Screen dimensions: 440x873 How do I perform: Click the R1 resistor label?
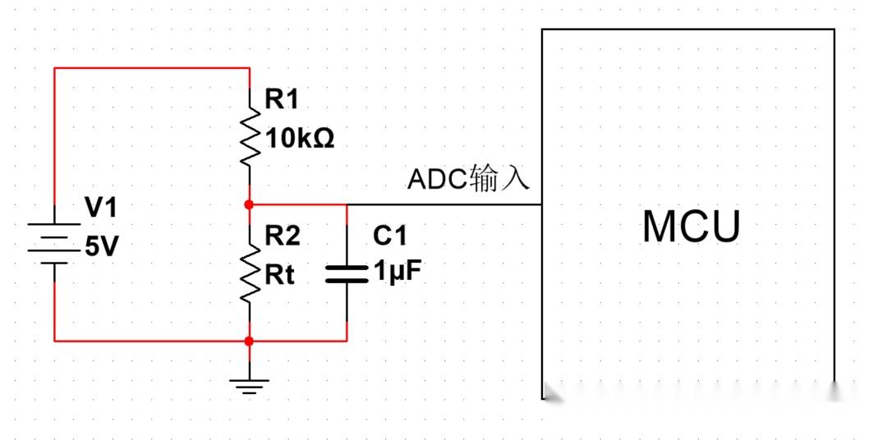click(x=282, y=100)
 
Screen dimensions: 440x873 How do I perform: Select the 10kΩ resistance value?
click(x=299, y=139)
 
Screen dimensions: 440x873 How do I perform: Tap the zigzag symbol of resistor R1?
click(x=249, y=136)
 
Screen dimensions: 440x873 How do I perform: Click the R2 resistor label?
click(x=282, y=236)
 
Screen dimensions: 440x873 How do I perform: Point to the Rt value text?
click(x=279, y=275)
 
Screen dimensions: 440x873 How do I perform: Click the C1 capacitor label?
click(x=390, y=236)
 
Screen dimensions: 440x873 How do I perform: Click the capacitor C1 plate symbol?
click(x=347, y=273)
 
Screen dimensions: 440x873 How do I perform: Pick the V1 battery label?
click(x=101, y=209)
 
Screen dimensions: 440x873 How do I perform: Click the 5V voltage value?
click(x=102, y=246)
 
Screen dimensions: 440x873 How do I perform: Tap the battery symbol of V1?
click(x=54, y=243)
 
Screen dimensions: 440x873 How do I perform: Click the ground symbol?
click(x=249, y=385)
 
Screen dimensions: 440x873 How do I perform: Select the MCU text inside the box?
click(x=691, y=227)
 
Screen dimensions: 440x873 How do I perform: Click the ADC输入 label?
click(x=469, y=178)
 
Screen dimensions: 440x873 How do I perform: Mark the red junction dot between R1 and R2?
click(x=249, y=204)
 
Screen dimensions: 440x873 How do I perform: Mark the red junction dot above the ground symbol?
click(x=249, y=340)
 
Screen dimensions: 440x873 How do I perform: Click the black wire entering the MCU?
click(x=443, y=204)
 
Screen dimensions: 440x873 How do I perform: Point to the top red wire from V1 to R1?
click(x=152, y=68)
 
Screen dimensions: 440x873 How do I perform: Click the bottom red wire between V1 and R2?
click(x=152, y=340)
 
